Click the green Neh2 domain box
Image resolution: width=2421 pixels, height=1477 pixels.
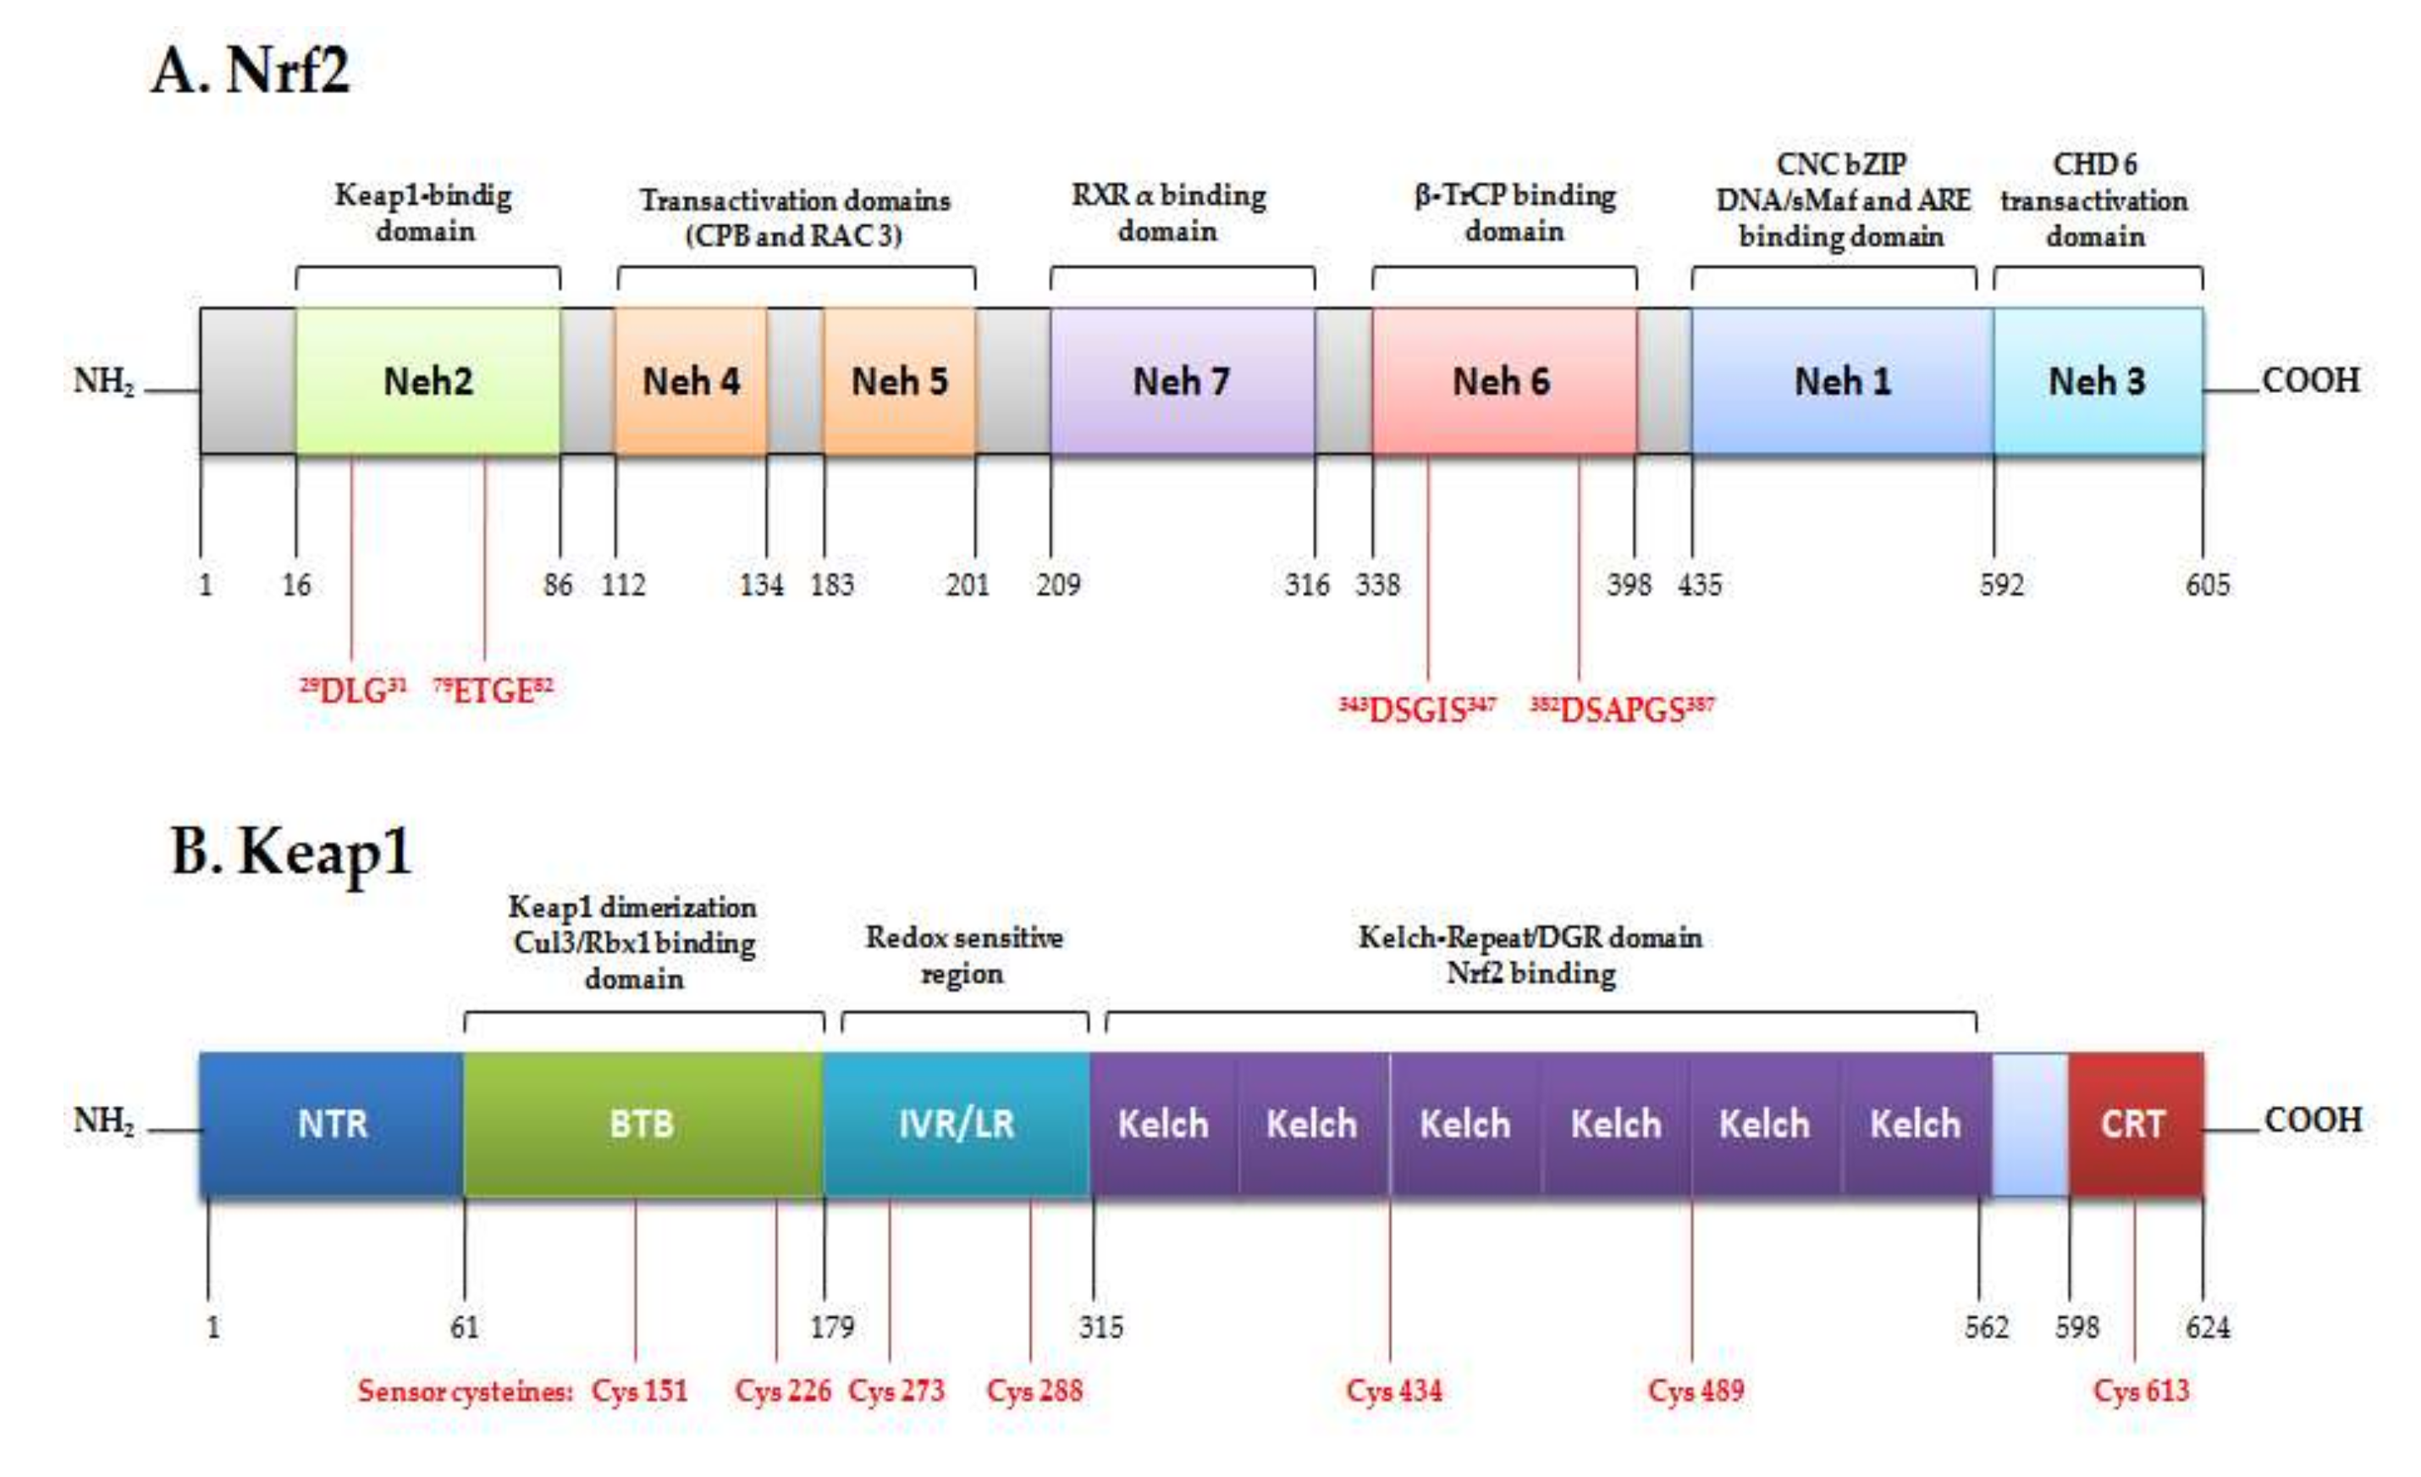point(427,381)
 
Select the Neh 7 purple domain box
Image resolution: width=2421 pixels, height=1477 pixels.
point(1181,381)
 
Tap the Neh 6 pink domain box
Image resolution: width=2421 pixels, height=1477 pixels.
point(1503,381)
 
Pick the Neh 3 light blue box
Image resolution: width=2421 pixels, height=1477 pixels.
point(2097,381)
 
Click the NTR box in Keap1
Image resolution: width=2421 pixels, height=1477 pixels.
point(332,1123)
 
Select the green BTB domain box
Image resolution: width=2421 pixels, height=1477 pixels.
point(642,1123)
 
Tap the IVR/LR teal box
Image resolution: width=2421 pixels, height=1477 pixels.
point(956,1123)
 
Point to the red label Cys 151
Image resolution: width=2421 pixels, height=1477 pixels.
point(640,1391)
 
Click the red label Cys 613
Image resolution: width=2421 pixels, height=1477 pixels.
point(2141,1391)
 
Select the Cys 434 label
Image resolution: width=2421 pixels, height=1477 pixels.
point(1394,1391)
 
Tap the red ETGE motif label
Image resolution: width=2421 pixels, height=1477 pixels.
point(494,691)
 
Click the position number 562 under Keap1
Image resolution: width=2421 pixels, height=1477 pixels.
point(1987,1328)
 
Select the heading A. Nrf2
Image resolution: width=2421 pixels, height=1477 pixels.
point(251,71)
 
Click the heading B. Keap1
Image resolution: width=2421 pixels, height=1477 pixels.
point(292,851)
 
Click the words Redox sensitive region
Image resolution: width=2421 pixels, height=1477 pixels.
point(964,955)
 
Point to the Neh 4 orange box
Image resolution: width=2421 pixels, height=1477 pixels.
point(691,381)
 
